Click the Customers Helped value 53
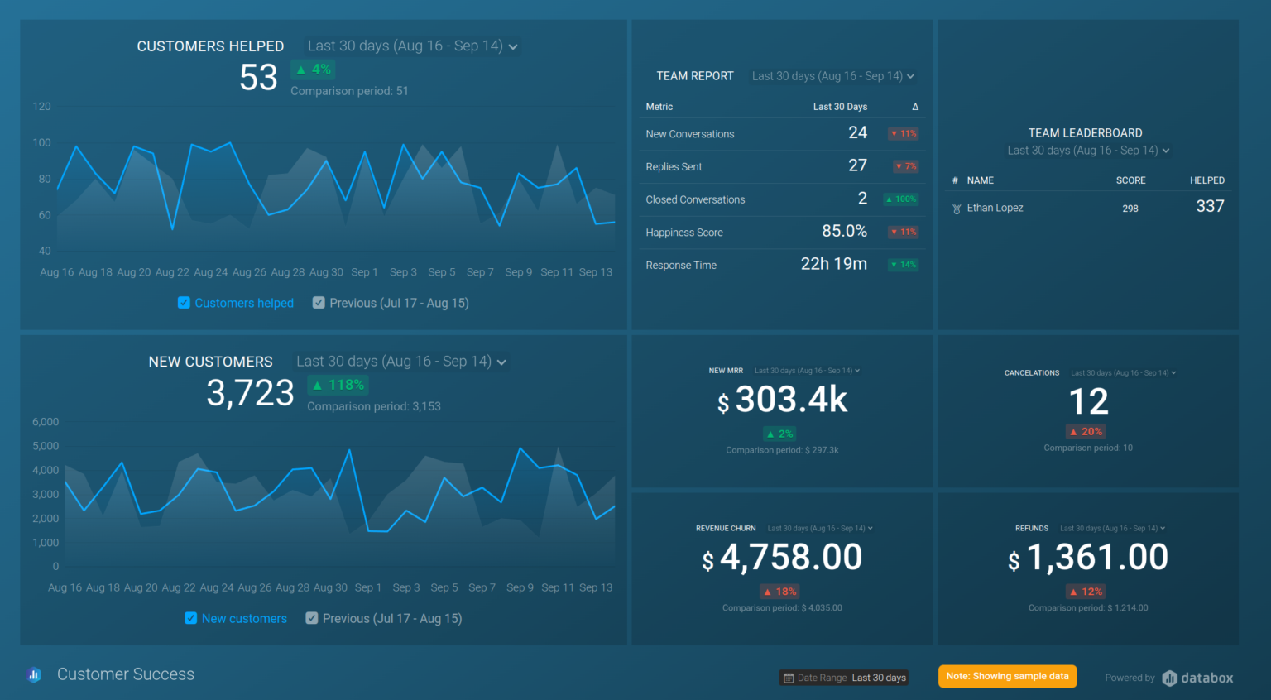258,78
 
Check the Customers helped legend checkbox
184,303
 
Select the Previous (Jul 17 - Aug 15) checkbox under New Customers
312,618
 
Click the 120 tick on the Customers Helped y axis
41,107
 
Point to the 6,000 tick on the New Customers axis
46,422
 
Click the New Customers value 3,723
250,393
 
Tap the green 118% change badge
338,385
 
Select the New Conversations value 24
857,133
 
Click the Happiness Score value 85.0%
844,232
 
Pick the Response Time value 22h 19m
833,264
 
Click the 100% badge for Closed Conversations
901,199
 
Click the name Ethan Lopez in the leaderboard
995,208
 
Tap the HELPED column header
1206,180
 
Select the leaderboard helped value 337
1210,207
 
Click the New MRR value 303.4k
790,400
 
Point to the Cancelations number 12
1088,402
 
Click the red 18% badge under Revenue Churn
779,592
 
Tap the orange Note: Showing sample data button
1007,676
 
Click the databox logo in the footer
1197,678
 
